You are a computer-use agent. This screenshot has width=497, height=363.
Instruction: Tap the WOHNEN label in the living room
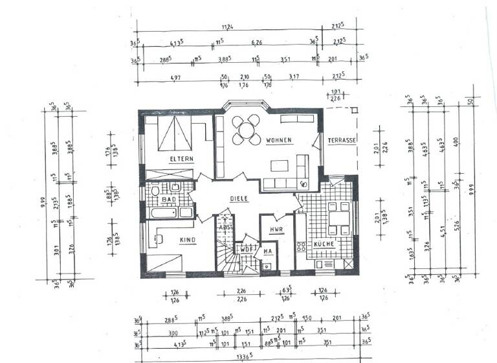(278, 141)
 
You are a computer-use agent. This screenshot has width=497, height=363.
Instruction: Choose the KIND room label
(170, 240)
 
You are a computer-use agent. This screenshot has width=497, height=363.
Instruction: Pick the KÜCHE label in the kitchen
(323, 244)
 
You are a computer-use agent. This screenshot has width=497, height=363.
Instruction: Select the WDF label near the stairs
(246, 248)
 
